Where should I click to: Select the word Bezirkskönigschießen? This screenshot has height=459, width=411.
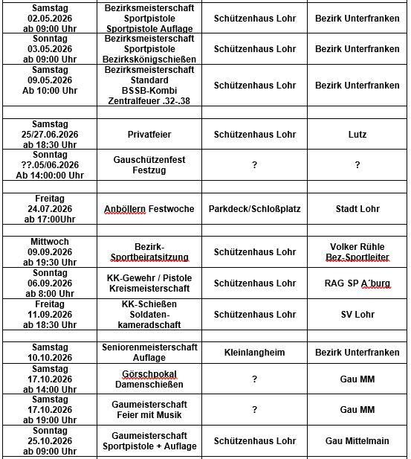(150, 59)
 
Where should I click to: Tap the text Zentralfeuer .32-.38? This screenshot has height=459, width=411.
(150, 100)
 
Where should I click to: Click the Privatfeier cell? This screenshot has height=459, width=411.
(150, 135)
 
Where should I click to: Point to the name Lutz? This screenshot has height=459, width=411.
(357, 135)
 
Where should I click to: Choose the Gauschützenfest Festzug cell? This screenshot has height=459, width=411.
(150, 165)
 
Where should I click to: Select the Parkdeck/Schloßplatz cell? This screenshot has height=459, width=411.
(254, 209)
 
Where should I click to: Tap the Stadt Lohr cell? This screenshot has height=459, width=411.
(357, 209)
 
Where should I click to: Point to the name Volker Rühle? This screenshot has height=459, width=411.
(357, 247)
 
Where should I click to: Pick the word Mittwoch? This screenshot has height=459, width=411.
(50, 242)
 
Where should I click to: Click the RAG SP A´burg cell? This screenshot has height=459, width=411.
(357, 283)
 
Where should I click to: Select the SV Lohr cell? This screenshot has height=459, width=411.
(357, 315)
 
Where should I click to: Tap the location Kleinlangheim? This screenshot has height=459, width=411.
(254, 352)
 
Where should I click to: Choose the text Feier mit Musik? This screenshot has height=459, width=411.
(150, 415)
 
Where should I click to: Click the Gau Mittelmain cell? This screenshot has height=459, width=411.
(357, 441)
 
